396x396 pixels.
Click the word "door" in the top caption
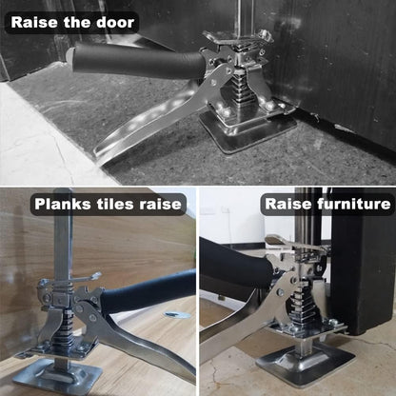(115, 22)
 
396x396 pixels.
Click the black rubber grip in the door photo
(136, 63)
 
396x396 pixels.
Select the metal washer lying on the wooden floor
(177, 315)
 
